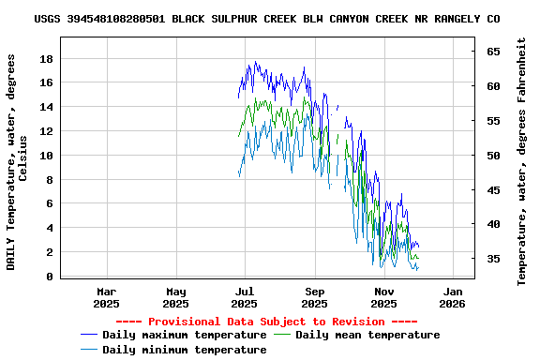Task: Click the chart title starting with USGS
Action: point(266,19)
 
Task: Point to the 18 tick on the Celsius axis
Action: point(46,58)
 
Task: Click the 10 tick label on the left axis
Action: point(46,156)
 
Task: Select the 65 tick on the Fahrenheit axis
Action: point(492,52)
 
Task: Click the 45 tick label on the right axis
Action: point(492,189)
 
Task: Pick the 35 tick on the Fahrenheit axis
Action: point(492,259)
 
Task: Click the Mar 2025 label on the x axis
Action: point(107,297)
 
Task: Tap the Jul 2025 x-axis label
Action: point(245,297)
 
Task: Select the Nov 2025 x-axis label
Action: point(383,297)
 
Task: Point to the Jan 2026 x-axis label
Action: point(453,297)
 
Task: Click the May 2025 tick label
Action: point(175,297)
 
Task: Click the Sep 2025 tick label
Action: point(314,297)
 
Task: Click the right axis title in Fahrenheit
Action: point(522,161)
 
